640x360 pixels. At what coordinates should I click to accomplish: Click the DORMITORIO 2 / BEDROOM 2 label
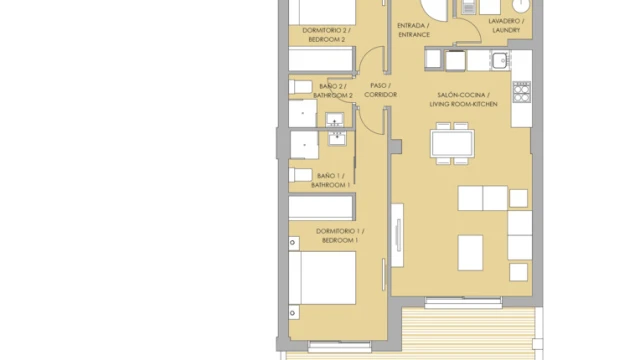326,35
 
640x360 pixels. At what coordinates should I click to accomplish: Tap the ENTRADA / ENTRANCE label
413,30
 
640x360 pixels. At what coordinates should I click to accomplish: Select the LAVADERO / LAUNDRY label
506,25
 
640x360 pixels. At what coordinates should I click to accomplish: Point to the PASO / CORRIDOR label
380,90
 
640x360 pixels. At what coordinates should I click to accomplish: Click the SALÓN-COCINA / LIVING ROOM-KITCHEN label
463,100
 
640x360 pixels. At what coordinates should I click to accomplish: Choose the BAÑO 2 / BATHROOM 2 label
333,91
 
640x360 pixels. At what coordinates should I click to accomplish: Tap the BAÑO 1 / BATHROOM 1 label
331,180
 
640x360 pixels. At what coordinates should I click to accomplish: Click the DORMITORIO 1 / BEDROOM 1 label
340,236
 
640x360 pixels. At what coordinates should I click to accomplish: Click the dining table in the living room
452,143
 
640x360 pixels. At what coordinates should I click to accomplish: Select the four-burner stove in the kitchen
522,92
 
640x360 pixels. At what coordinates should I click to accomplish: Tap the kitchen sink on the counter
500,61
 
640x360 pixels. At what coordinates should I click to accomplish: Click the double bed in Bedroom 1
322,278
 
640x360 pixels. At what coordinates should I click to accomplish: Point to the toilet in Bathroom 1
300,175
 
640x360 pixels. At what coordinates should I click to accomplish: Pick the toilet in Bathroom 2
300,87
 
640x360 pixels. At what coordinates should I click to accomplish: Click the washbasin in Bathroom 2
335,120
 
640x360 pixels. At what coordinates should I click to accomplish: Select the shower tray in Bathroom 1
304,145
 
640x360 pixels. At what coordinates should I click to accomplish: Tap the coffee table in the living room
470,253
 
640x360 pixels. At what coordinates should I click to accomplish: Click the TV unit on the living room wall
398,235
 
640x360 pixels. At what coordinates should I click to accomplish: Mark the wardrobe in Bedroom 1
321,208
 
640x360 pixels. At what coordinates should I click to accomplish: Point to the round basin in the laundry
521,5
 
